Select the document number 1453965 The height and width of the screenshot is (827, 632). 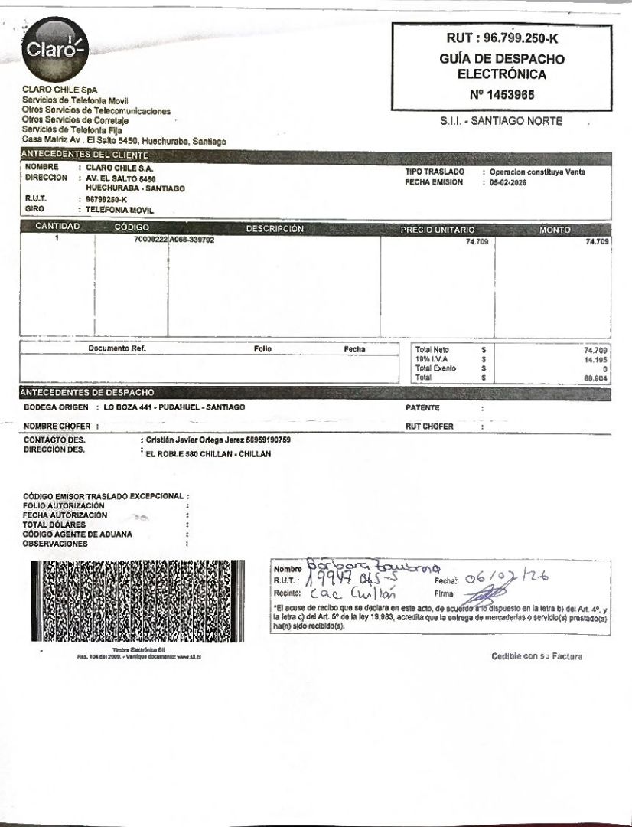(502, 95)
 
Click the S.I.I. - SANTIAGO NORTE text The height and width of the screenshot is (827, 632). (501, 121)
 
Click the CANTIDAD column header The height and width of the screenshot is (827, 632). (57, 228)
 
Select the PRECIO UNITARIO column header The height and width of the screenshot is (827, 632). (438, 229)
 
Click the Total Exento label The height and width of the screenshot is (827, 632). (435, 368)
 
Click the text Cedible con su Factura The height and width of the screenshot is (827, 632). (536, 656)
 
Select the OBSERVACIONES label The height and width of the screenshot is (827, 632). (55, 544)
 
